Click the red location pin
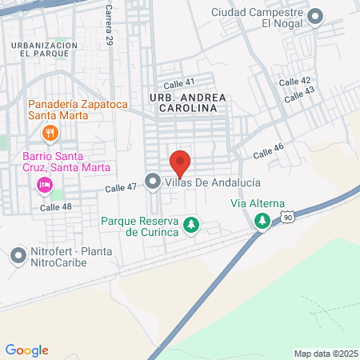pyautogui.click(x=180, y=162)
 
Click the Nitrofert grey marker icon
pyautogui.click(x=18, y=256)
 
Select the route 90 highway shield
pyautogui.click(x=288, y=216)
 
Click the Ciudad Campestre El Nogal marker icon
pyautogui.click(x=316, y=16)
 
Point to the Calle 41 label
pyautogui.click(x=178, y=82)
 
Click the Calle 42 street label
pyautogui.click(x=294, y=82)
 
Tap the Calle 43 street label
pyautogui.click(x=299, y=94)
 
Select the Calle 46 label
pyautogui.click(x=269, y=151)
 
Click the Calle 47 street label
pyautogui.click(x=121, y=188)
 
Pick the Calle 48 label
pyautogui.click(x=56, y=206)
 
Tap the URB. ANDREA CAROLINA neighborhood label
pyautogui.click(x=182, y=101)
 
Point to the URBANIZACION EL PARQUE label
pyautogui.click(x=45, y=50)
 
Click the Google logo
pyautogui.click(x=27, y=350)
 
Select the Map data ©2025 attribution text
pyautogui.click(x=325, y=354)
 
